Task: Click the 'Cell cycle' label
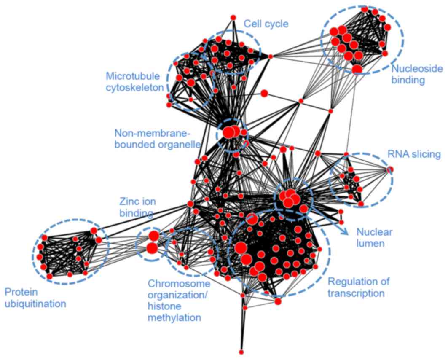(x=266, y=24)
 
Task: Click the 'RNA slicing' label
(x=414, y=154)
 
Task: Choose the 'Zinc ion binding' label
(x=136, y=208)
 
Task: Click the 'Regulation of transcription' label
(x=359, y=287)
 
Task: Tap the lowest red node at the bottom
(x=241, y=352)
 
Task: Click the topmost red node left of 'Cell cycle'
(x=233, y=17)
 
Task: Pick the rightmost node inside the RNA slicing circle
(x=390, y=169)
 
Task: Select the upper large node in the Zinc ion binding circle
(x=153, y=236)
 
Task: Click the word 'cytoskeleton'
(x=134, y=88)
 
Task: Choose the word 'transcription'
(x=356, y=293)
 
